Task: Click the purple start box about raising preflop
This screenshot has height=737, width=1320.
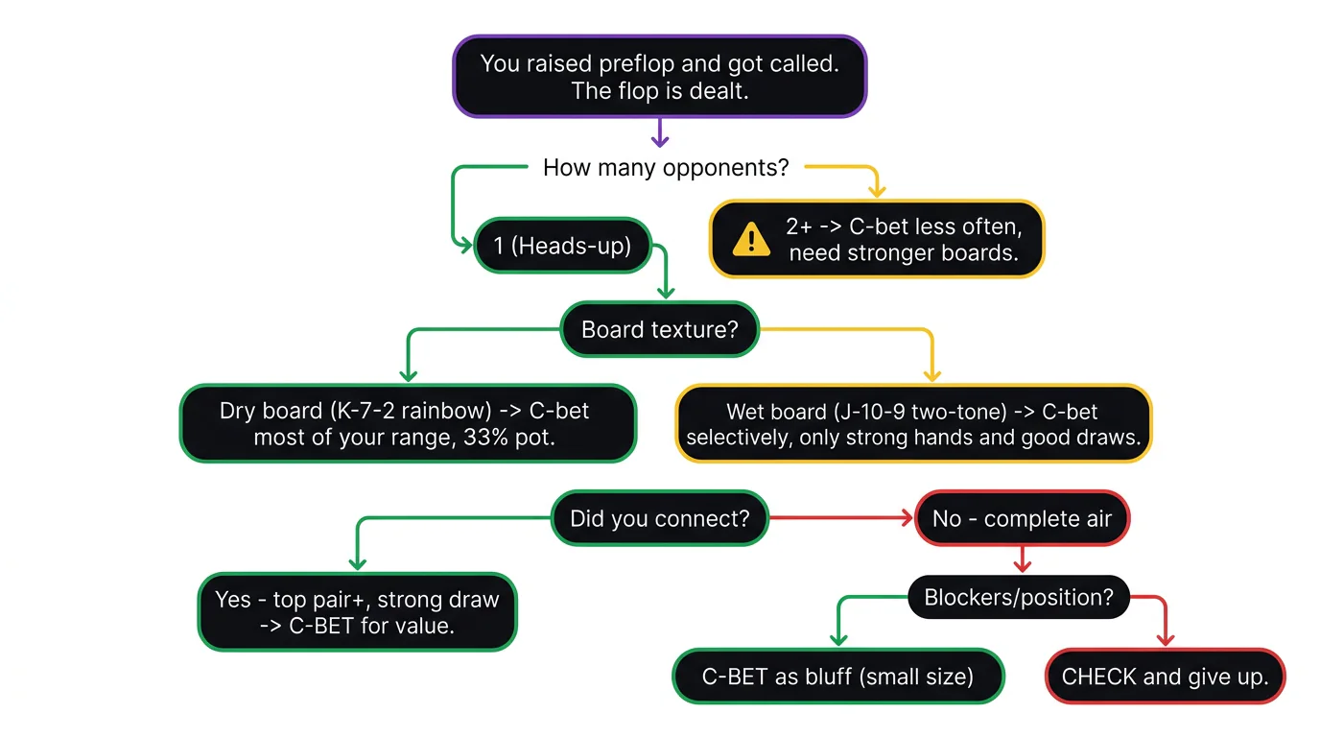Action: click(659, 77)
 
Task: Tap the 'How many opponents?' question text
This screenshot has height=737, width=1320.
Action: click(666, 168)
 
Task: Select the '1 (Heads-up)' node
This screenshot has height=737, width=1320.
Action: click(562, 246)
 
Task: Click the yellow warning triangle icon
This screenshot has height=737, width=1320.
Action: click(750, 240)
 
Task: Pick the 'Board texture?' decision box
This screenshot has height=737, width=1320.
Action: click(659, 330)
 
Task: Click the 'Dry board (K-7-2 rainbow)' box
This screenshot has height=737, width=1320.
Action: click(408, 423)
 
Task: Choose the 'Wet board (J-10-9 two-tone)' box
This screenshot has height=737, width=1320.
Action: click(912, 424)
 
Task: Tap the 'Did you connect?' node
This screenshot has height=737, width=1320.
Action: click(659, 519)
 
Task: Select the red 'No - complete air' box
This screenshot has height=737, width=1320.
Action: click(1022, 519)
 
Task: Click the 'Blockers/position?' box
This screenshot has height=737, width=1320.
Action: click(1018, 597)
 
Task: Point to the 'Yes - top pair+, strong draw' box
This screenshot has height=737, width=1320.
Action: click(357, 612)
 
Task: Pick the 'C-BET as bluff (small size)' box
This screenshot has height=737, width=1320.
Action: click(837, 677)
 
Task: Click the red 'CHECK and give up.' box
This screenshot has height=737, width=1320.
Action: click(1164, 677)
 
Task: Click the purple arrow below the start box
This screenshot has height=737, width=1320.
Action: click(659, 134)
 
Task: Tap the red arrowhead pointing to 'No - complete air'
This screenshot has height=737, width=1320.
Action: click(905, 519)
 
